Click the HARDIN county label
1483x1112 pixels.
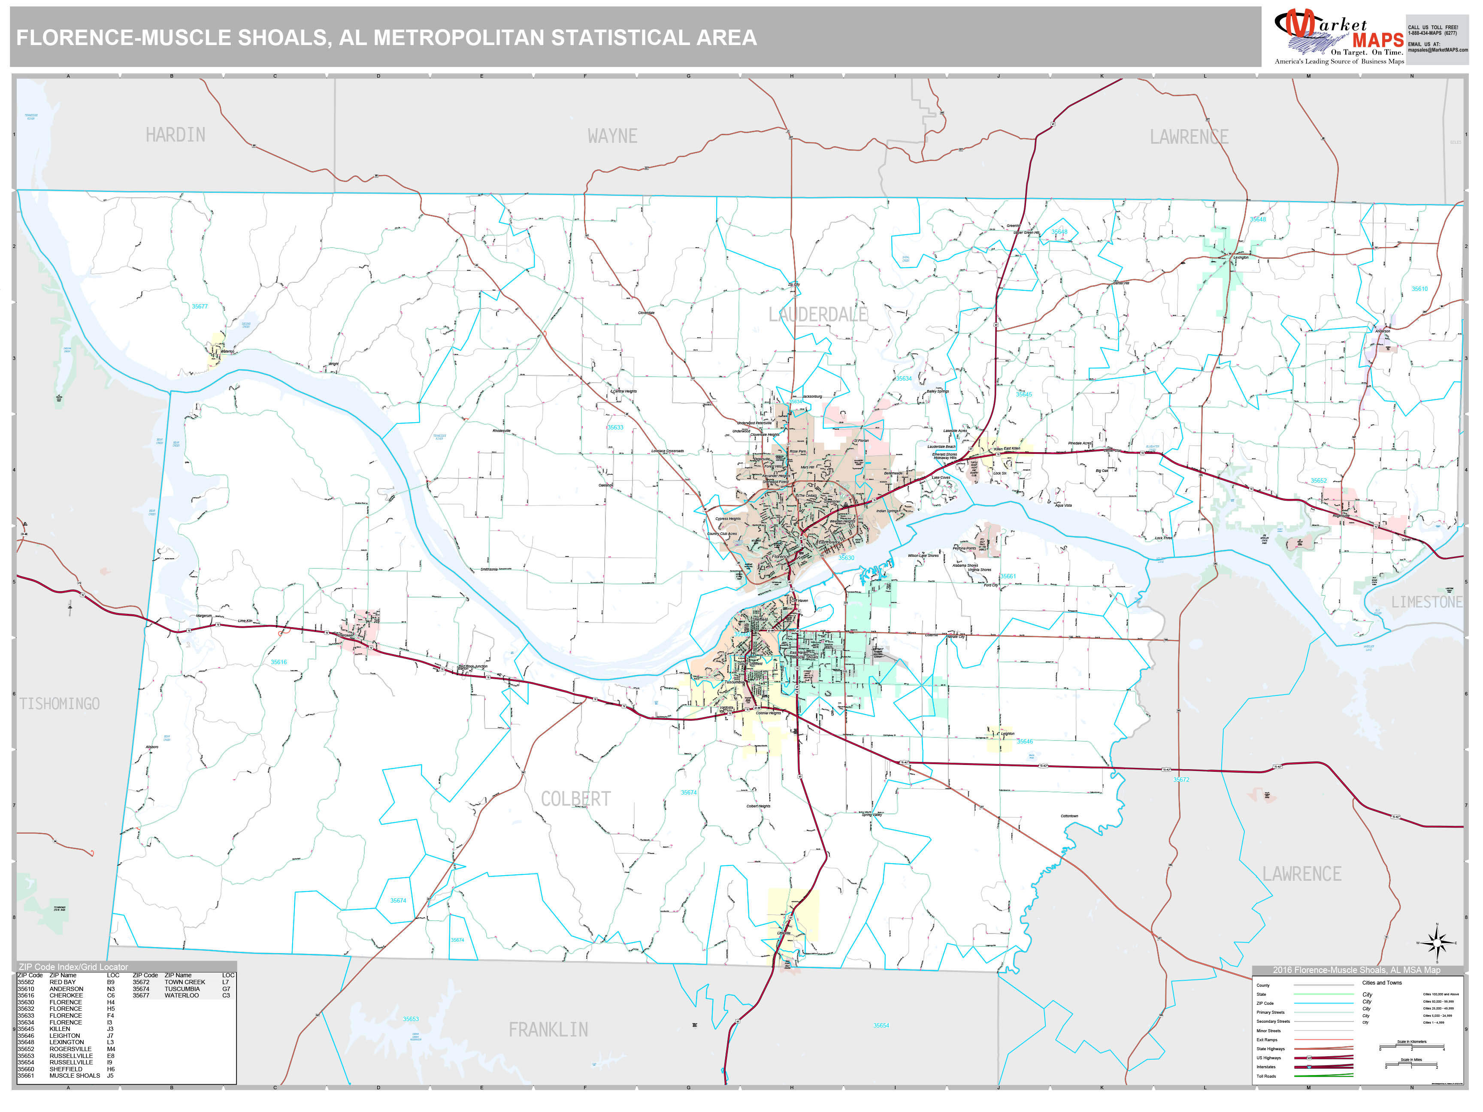176,135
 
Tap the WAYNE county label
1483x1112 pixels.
612,136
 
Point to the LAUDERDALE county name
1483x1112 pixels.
817,314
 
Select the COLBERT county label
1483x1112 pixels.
575,799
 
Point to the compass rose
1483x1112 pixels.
1437,943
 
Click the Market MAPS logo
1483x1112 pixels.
1338,37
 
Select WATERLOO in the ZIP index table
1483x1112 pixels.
182,995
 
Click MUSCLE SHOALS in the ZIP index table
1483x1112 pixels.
74,1076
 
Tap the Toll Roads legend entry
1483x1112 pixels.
1266,1076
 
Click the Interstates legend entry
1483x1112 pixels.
1266,1067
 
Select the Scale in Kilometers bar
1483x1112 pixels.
1411,1048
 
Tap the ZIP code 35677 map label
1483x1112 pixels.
200,306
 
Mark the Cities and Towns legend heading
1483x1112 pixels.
1382,982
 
